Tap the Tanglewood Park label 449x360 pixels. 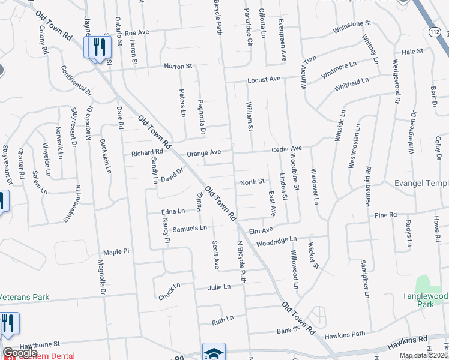pos(425,300)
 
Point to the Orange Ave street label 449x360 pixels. pos(204,153)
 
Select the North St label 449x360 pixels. pos(252,182)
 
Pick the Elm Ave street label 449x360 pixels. pos(261,229)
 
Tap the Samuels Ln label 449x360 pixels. pos(190,228)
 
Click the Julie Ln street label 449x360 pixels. pos(219,287)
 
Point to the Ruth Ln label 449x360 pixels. pos(222,320)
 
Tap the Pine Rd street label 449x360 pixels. pos(385,214)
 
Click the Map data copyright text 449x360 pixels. pos(423,355)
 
